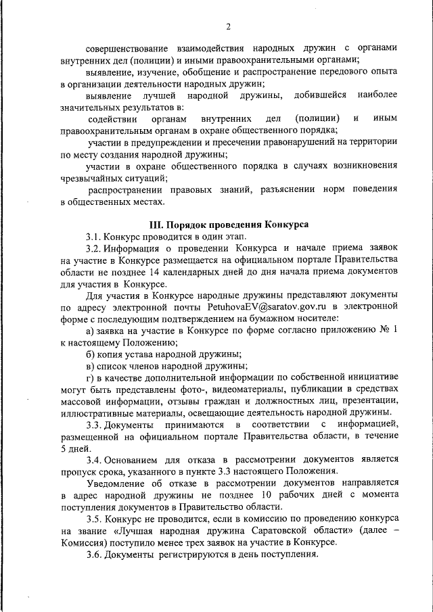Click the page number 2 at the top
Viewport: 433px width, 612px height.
pyautogui.click(x=228, y=26)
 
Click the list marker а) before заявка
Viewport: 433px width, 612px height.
pyautogui.click(x=90, y=329)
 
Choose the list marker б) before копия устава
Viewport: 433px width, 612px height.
pyautogui.click(x=90, y=353)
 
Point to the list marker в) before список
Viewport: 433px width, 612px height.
pyautogui.click(x=90, y=364)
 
